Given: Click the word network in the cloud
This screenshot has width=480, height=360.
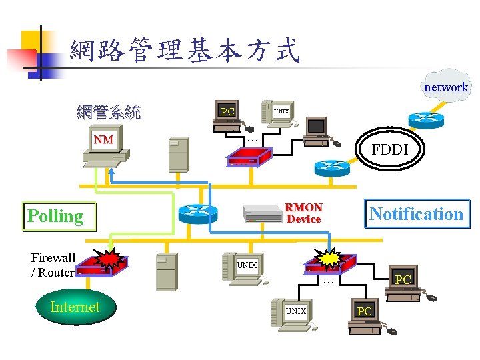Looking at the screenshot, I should coord(446,87).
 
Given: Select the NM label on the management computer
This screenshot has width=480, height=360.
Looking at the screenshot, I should coord(103,139).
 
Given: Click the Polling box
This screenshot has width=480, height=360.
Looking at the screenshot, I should coord(59,216).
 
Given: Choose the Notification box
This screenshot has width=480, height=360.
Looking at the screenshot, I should coord(416,214).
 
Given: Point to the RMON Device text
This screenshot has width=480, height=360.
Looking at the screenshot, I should coord(303,213).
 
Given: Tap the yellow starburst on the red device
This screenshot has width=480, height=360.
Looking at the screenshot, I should coord(329,257).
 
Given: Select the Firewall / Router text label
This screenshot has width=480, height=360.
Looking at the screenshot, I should coord(53,265).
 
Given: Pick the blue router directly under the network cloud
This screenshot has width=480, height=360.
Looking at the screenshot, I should coord(425,119).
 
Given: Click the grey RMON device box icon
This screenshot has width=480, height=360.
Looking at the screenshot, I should coord(263,213).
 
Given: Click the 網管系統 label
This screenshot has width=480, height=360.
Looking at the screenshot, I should coord(109,111).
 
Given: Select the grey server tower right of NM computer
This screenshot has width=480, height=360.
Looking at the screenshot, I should coord(179,155).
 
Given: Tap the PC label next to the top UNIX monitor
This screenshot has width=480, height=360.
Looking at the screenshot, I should coord(228,111).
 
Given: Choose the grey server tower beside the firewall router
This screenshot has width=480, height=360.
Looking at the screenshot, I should coord(166,272).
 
